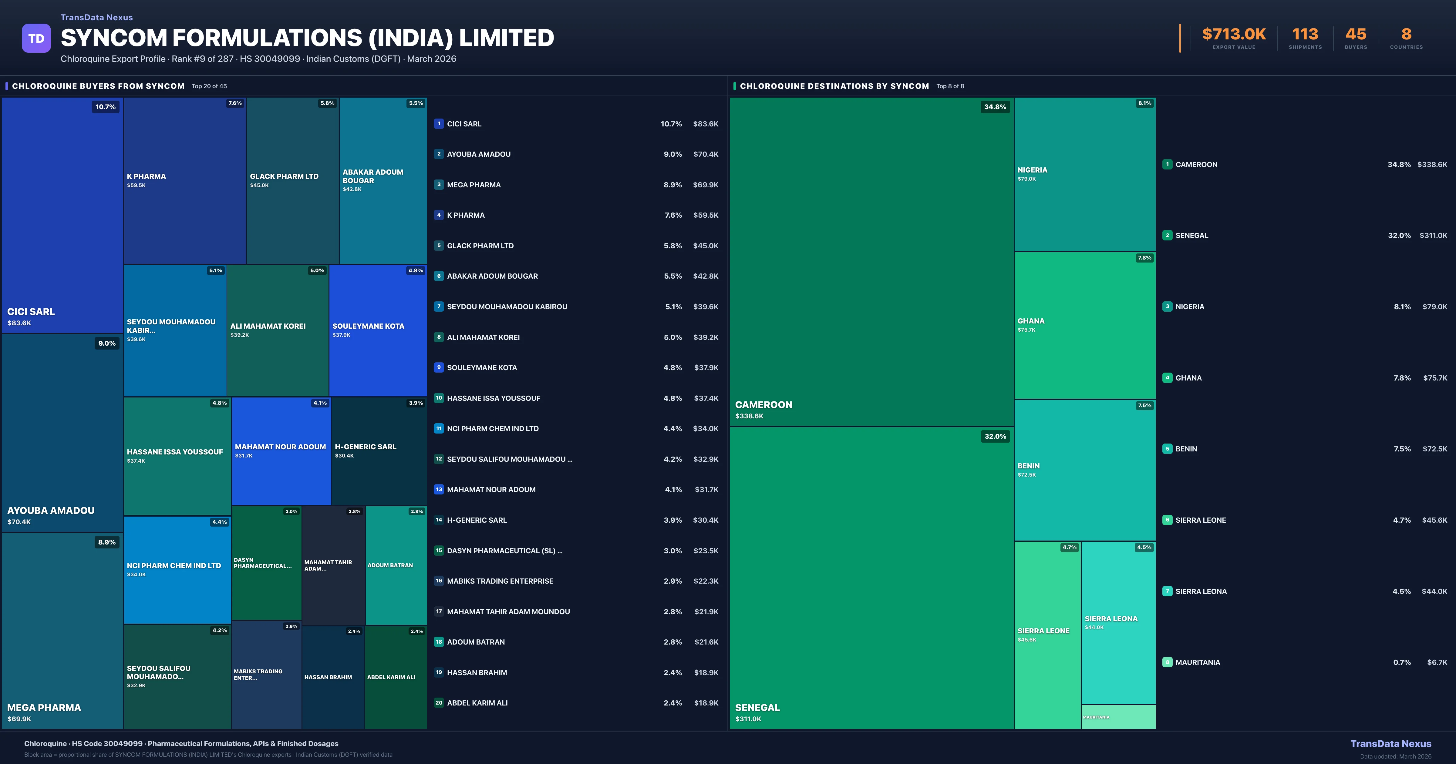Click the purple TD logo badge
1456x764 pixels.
(36, 39)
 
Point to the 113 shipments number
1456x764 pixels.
(1305, 35)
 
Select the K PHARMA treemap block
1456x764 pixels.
(185, 181)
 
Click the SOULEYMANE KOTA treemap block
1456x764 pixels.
(378, 330)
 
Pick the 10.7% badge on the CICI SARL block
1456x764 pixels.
(105, 107)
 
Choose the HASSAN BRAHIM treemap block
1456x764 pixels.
(333, 677)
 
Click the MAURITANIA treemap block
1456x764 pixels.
(1118, 716)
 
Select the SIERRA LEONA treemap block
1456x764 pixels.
(1118, 623)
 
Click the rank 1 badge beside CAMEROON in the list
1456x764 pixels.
(1167, 164)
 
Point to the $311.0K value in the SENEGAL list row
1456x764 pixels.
(1433, 236)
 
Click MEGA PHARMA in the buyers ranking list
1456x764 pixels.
(474, 185)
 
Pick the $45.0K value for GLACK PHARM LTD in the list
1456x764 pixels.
(705, 246)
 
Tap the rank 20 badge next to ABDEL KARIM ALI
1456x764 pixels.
(439, 703)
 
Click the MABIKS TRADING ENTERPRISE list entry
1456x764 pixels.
(500, 581)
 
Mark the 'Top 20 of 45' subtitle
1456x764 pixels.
(209, 86)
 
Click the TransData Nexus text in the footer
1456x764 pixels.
(1390, 744)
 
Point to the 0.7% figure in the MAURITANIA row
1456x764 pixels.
(1402, 662)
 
